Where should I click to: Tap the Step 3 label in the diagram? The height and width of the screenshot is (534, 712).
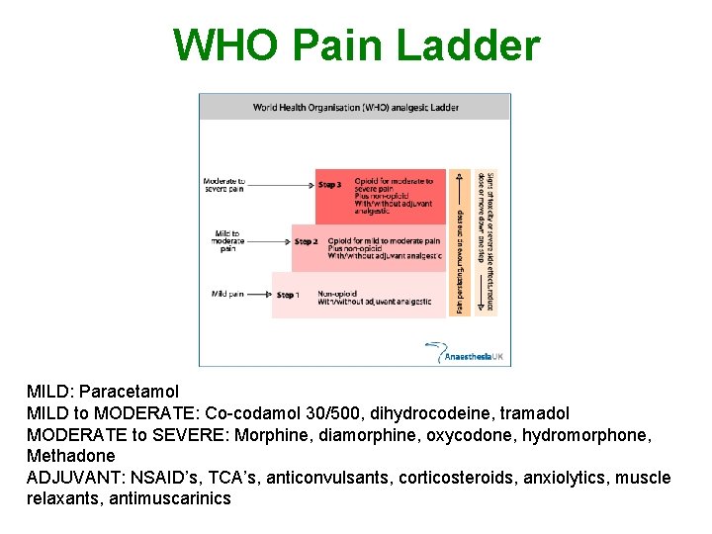330,184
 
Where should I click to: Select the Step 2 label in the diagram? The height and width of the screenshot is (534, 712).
307,241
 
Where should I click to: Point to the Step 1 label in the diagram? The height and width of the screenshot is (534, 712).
287,295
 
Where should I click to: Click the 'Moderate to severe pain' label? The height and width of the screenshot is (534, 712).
224,186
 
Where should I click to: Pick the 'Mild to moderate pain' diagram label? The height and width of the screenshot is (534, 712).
227,240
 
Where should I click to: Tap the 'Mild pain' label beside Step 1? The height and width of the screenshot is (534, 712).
227,294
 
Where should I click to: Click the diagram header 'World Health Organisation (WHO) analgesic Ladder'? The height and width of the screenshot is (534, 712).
355,107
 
